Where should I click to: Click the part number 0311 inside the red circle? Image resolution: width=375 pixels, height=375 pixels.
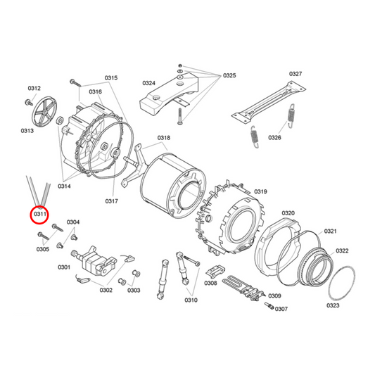39,212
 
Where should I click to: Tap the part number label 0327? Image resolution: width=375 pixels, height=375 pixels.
295,74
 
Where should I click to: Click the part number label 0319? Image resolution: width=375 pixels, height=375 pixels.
260,191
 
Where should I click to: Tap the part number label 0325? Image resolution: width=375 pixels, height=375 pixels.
230,75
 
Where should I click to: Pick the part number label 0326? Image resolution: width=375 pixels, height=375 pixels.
274,138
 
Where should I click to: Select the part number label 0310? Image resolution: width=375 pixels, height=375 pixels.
191,300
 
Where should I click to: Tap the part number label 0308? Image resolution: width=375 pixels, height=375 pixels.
210,284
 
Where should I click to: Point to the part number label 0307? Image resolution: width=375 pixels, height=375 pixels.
281,309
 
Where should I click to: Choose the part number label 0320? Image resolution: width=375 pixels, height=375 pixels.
288,212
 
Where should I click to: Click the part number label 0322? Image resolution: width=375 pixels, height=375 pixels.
342,251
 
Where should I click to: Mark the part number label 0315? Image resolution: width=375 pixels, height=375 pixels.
111,77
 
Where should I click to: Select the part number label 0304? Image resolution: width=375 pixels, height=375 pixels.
73,222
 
